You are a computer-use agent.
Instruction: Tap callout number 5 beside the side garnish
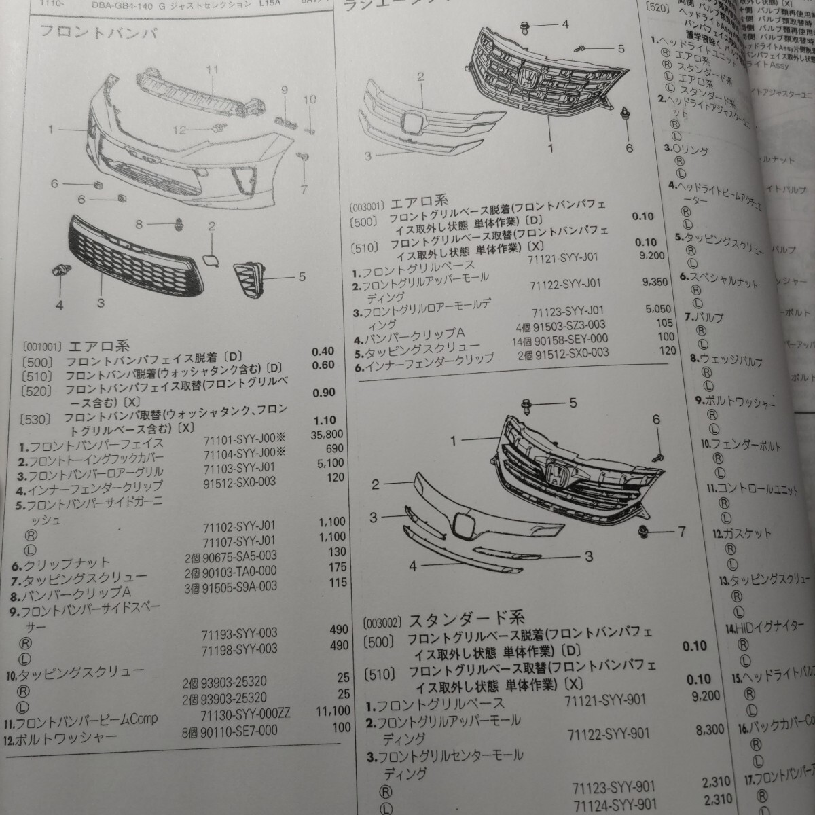pos(301,277)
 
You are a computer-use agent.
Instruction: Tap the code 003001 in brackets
pos(367,204)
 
